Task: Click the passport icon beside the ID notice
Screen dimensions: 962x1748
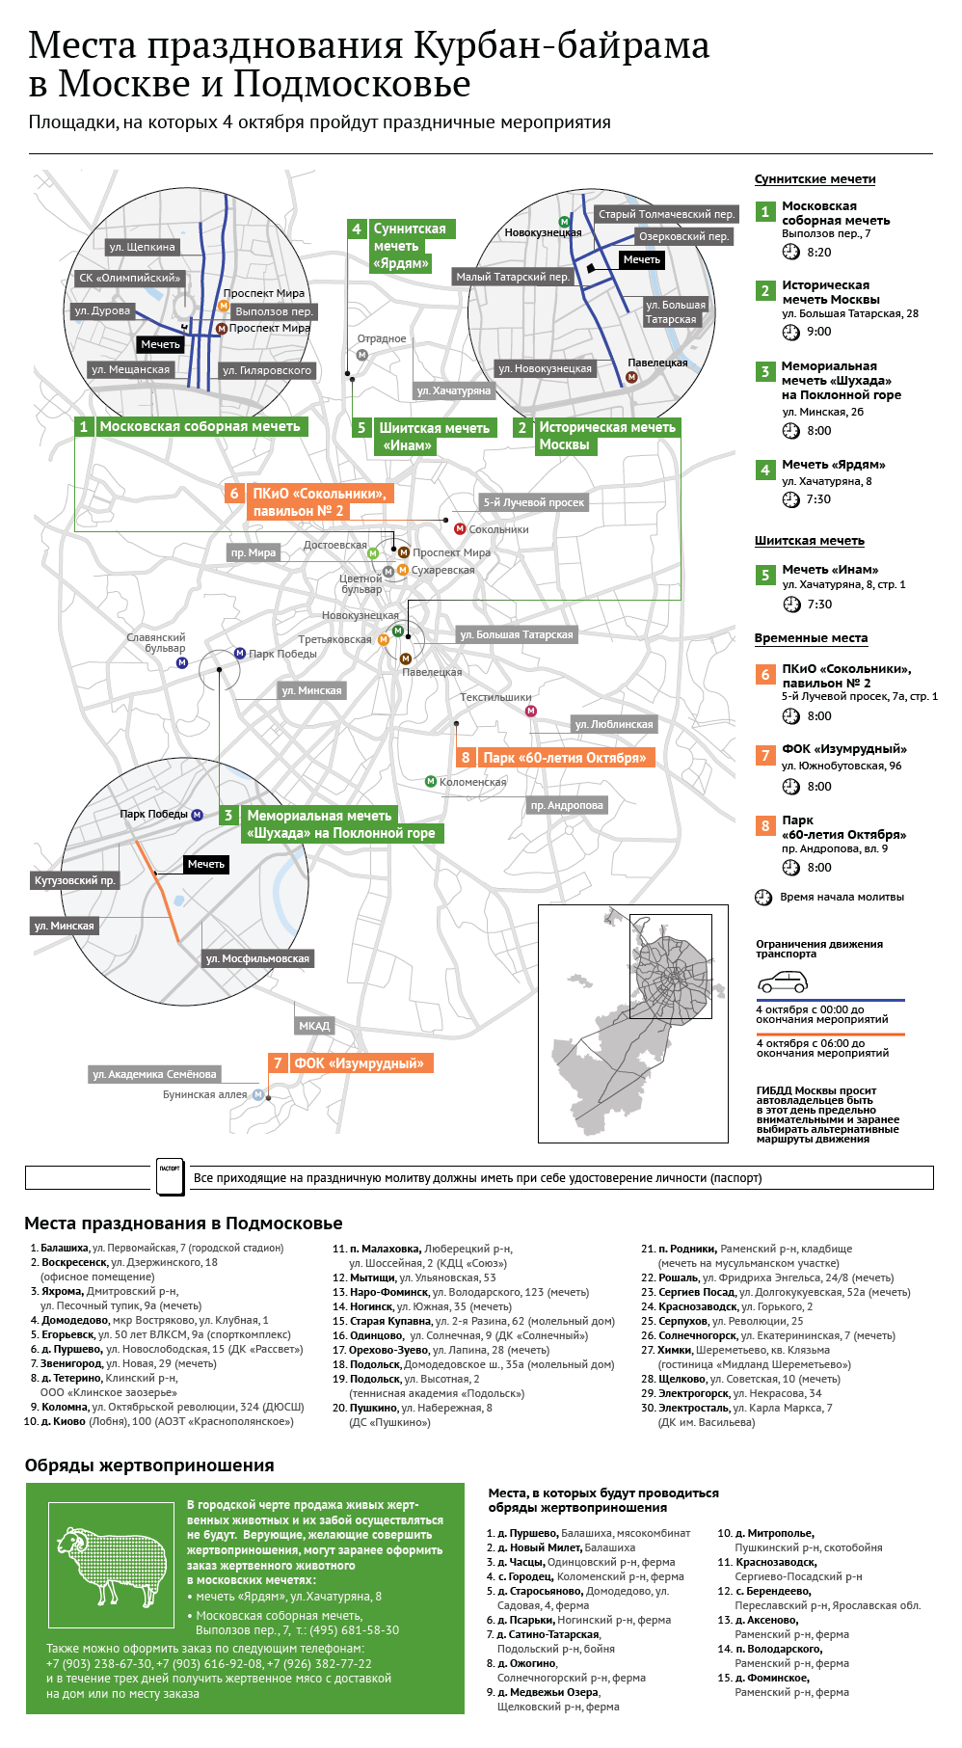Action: click(x=170, y=1176)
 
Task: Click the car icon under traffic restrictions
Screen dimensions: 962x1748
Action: click(x=782, y=982)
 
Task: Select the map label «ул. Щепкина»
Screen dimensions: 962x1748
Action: click(x=143, y=247)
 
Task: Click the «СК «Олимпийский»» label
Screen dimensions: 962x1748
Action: click(x=130, y=278)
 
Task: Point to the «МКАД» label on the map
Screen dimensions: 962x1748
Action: click(x=314, y=1026)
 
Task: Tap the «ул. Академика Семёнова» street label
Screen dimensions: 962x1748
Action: click(x=154, y=1074)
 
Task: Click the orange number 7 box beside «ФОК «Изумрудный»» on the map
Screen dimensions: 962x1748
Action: click(x=278, y=1062)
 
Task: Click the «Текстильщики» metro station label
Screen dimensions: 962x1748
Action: click(x=495, y=697)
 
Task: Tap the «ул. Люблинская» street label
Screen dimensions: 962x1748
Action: click(x=614, y=724)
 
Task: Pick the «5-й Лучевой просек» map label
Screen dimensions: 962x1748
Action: click(x=534, y=502)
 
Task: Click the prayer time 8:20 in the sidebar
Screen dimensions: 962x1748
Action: click(x=819, y=252)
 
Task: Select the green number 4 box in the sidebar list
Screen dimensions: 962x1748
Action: click(x=765, y=470)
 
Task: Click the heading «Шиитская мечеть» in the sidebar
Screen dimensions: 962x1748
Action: click(x=810, y=541)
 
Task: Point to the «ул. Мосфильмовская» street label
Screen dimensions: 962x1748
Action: click(x=257, y=958)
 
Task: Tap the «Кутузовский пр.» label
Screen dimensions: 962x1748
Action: click(x=74, y=880)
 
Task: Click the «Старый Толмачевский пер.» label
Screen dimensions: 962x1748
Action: click(x=666, y=214)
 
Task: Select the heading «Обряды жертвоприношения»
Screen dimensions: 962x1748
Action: click(x=149, y=1466)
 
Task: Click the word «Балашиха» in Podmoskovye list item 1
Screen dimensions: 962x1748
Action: click(x=65, y=1248)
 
